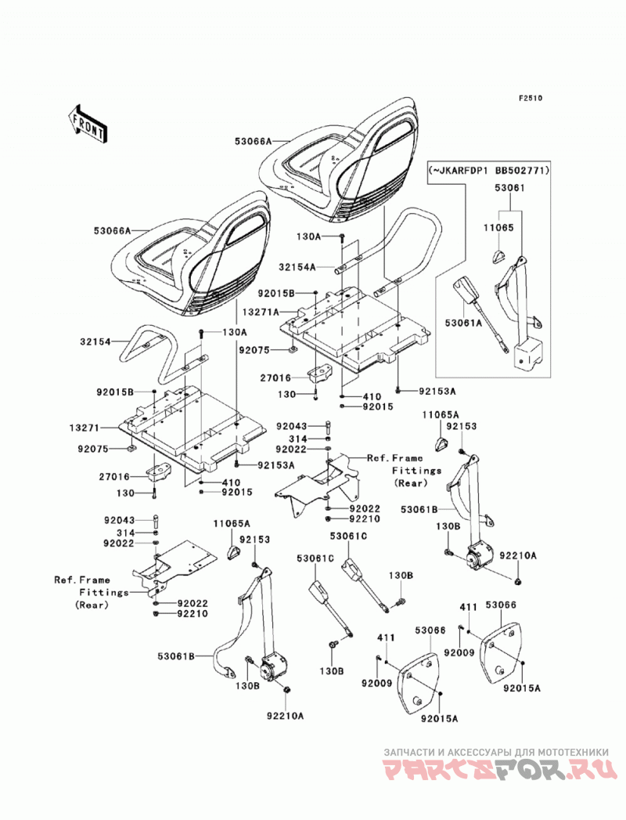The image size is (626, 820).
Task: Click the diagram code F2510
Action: click(x=530, y=98)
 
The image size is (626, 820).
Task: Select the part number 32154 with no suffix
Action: click(x=95, y=342)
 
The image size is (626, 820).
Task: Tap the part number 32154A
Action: click(x=297, y=267)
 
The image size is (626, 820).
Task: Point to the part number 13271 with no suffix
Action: click(x=85, y=428)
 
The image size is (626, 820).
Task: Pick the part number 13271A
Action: click(x=261, y=312)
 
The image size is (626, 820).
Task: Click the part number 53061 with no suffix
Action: click(x=510, y=188)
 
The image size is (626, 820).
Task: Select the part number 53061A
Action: click(x=464, y=323)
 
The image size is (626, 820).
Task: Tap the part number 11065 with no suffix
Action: click(x=498, y=227)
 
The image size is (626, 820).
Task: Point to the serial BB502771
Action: click(x=523, y=171)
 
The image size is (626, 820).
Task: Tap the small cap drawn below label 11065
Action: click(x=499, y=256)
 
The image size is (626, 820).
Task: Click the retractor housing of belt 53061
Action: click(x=527, y=356)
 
